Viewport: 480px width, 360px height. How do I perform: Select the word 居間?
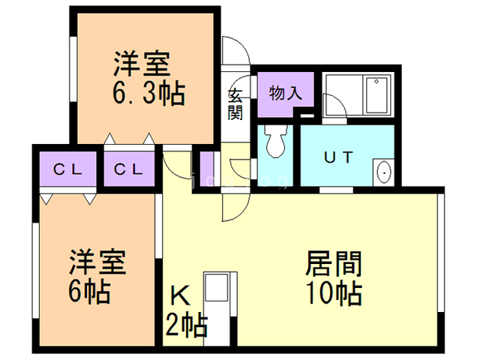334,263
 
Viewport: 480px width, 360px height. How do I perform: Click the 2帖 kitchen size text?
186,325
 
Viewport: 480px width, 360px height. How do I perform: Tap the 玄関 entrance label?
235,104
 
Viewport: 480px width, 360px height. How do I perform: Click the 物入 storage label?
284,94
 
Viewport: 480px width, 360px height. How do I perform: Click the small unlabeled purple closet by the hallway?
206,164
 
